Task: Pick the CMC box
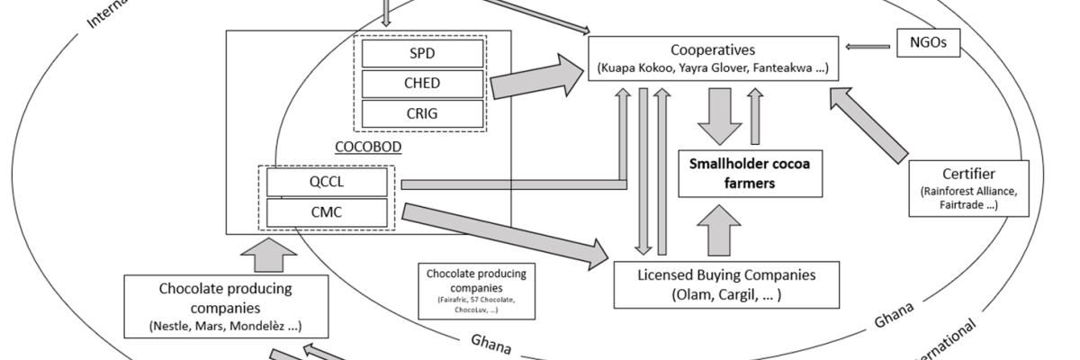pos(328,212)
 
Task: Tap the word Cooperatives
pos(712,50)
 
